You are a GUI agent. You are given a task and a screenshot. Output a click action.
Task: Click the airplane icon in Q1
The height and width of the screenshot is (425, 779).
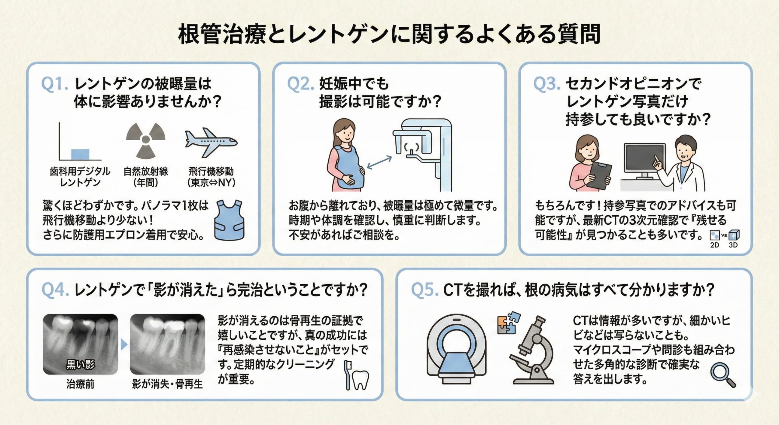[211, 142]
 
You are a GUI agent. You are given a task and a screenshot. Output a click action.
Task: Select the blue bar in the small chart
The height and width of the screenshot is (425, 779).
[80, 154]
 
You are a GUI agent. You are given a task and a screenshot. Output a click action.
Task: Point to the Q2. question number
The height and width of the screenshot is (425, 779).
[300, 84]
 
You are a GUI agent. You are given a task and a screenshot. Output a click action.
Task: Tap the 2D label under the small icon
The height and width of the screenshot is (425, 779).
[714, 245]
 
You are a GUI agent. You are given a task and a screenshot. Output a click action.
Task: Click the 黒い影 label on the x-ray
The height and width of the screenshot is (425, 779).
[80, 364]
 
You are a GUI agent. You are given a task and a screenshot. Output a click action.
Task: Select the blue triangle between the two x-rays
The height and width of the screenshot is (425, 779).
[124, 345]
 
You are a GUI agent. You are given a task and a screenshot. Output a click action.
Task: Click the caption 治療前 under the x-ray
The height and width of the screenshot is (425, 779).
[80, 384]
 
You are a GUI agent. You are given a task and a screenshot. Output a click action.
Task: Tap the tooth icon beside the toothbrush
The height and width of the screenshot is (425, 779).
[361, 380]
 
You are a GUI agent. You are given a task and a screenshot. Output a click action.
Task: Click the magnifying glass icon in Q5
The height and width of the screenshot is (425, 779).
[723, 376]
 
